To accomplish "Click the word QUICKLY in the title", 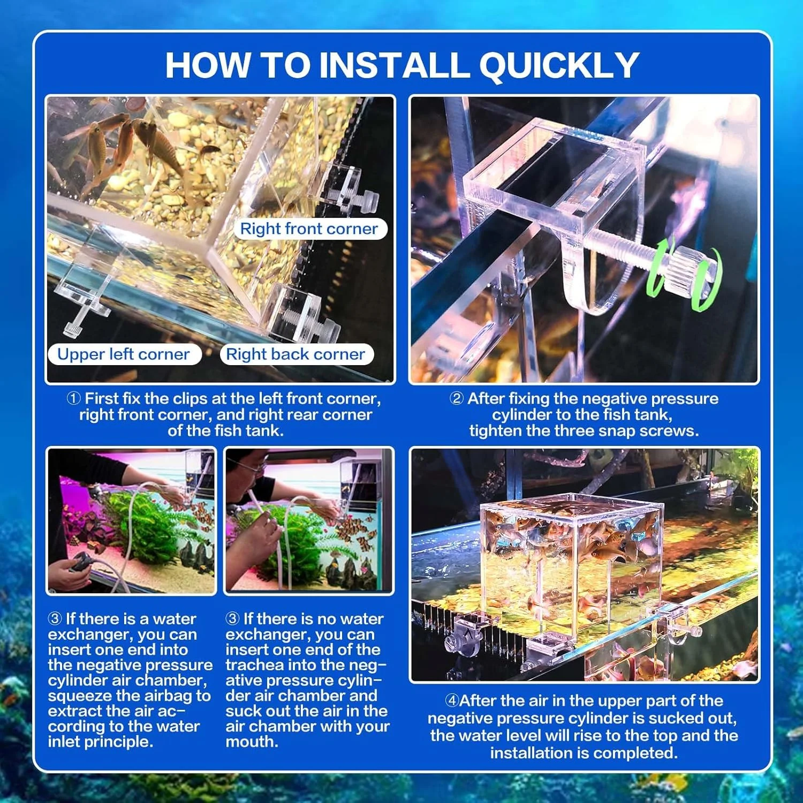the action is pyautogui.click(x=559, y=66).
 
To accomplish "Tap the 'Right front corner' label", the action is pyautogui.click(x=309, y=229).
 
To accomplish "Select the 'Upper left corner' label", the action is pyautogui.click(x=124, y=354).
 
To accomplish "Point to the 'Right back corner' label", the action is pyautogui.click(x=296, y=354).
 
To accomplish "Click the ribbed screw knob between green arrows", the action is pyautogui.click(x=687, y=270).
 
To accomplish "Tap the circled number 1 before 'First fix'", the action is pyautogui.click(x=74, y=398).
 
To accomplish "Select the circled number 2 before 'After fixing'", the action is pyautogui.click(x=457, y=398).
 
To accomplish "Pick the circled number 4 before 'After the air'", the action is pyautogui.click(x=452, y=700).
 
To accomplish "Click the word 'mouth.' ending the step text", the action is pyautogui.click(x=252, y=742).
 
